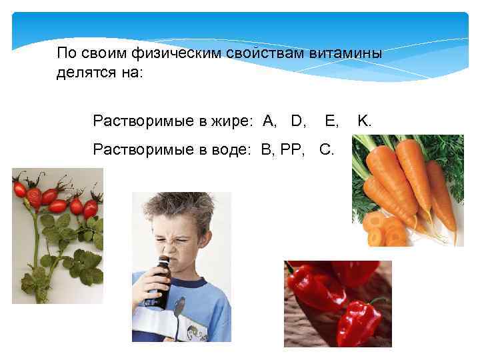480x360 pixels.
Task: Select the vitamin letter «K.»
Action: tap(365, 121)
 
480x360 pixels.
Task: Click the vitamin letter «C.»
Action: tap(327, 149)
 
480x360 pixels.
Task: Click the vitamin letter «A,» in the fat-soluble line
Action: tap(270, 121)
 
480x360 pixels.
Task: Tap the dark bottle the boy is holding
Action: tap(159, 280)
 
